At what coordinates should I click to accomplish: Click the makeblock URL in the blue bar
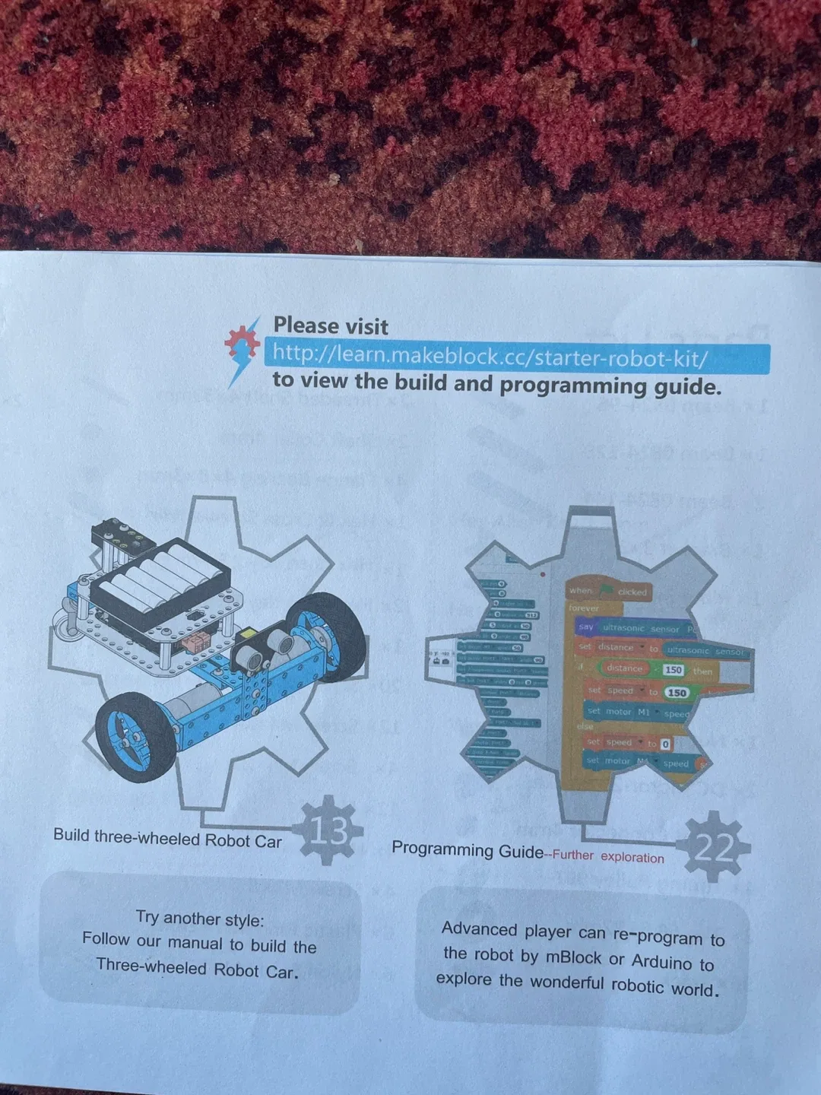point(490,356)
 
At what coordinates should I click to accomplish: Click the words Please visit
point(331,326)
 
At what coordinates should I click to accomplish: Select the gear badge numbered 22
point(714,847)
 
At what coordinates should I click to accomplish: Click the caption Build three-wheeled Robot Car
point(167,838)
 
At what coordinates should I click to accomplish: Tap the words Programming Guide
point(467,850)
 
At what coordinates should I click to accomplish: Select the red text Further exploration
point(608,856)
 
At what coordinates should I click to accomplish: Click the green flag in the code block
point(606,590)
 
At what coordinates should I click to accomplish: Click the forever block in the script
point(584,608)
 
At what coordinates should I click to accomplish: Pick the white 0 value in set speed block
point(665,744)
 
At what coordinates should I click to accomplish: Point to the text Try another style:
point(200,919)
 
